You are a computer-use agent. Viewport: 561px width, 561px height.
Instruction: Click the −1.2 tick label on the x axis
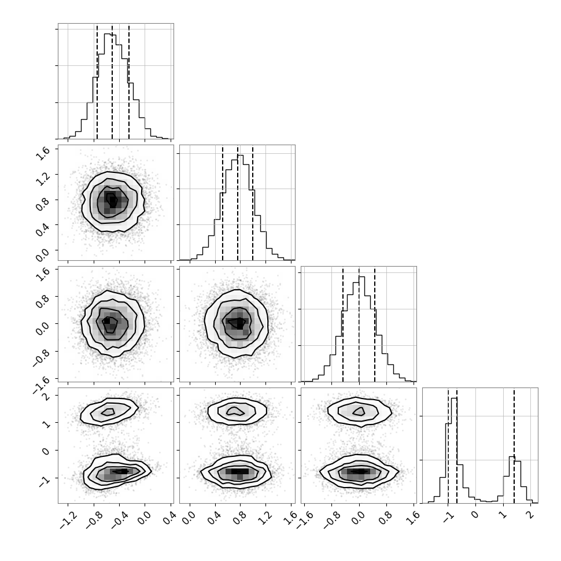68,519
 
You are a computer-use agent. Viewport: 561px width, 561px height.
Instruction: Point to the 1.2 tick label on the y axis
42,176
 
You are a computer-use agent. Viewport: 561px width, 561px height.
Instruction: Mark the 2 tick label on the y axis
46,396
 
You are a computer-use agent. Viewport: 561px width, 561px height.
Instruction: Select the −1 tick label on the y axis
43,482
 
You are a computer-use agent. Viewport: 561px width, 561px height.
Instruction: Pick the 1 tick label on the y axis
46,423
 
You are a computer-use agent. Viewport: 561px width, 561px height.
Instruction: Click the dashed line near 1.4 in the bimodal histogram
514,446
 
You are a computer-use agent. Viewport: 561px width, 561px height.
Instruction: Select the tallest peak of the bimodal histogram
454,398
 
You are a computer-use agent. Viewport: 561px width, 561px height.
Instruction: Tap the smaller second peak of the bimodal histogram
512,456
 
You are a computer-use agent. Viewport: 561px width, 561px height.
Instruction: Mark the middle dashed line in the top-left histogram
112,82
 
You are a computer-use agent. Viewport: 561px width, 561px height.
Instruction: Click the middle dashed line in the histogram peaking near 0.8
238,203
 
